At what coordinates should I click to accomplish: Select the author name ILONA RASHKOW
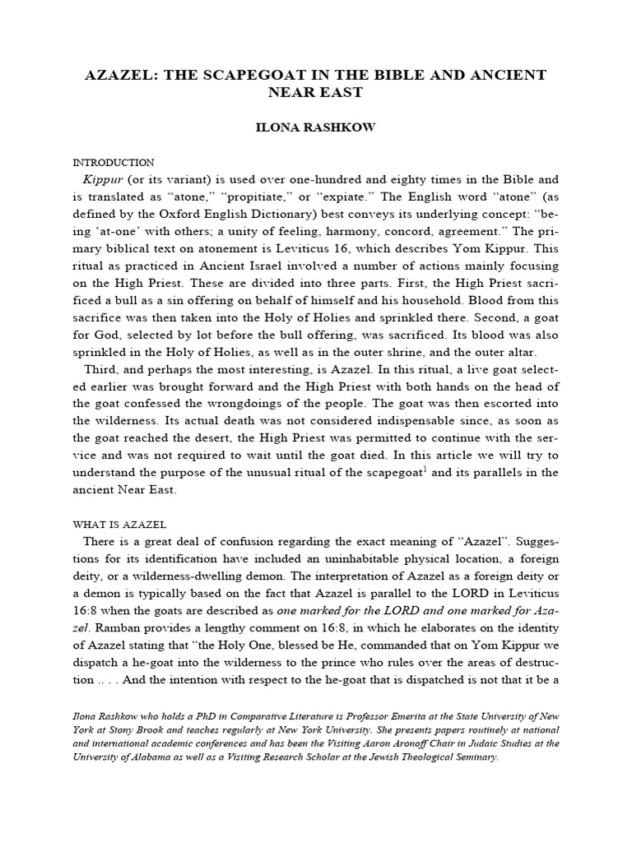[316, 129]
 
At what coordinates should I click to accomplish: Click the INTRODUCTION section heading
[114, 163]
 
